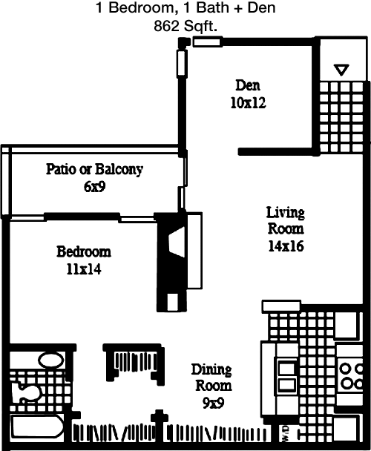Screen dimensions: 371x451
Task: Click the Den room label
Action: point(248,85)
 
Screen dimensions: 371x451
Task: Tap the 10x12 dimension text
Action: point(248,102)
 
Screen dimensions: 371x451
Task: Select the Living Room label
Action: point(285,220)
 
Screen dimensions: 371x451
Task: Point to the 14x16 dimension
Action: point(286,246)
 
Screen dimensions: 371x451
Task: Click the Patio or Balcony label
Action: point(94,169)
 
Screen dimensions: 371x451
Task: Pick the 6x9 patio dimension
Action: point(95,186)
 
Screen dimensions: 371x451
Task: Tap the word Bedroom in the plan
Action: point(84,251)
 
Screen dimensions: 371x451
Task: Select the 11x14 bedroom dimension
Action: point(84,269)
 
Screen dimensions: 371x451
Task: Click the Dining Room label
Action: point(212,378)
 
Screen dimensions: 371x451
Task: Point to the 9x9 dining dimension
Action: point(213,403)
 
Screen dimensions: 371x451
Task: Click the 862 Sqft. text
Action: point(185,27)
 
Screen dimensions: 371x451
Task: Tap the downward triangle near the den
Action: point(341,70)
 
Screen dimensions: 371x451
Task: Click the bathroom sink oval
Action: point(51,361)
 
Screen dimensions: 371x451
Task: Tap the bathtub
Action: point(37,429)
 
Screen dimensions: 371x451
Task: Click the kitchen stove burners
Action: point(350,375)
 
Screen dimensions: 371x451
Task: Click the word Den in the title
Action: point(261,7)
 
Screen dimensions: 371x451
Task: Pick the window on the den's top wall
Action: point(207,42)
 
